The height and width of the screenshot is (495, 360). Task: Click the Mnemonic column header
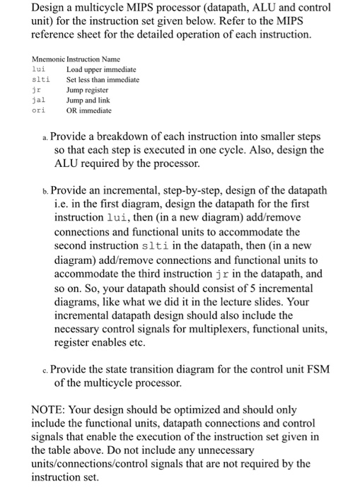(x=46, y=59)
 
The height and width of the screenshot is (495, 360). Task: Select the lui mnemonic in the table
(x=39, y=69)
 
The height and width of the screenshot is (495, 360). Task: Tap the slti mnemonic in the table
(x=41, y=80)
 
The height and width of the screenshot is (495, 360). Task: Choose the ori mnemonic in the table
(x=39, y=111)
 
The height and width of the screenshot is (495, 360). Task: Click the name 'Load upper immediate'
(x=101, y=69)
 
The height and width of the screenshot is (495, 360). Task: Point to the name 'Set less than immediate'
(x=103, y=80)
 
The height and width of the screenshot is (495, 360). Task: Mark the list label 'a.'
(x=44, y=136)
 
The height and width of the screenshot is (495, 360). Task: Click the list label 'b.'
(x=44, y=191)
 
